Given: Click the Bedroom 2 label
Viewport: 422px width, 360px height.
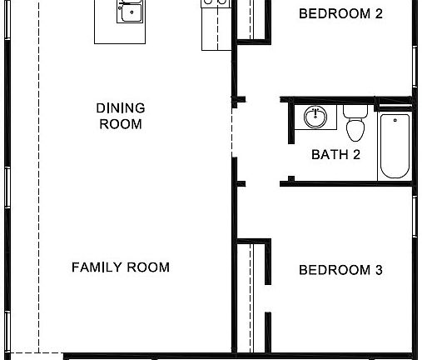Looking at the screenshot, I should click(x=340, y=13).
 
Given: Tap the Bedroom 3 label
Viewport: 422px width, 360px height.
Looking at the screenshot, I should click(x=340, y=270).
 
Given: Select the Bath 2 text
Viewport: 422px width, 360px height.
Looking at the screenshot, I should click(x=335, y=154).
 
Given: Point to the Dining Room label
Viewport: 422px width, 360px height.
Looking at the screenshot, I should click(x=121, y=116).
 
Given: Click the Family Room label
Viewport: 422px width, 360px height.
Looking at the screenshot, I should click(x=121, y=267).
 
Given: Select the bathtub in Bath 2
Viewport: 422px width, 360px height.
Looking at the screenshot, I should click(x=395, y=146).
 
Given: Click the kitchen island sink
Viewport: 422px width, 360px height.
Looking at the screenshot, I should click(x=129, y=12).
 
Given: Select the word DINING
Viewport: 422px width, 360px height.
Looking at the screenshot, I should click(x=121, y=108).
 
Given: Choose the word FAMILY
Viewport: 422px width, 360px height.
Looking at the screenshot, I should click(x=96, y=267).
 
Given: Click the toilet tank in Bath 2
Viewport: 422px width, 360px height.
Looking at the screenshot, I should click(x=355, y=110).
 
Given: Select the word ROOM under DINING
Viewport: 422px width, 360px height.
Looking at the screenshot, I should click(x=121, y=124).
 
